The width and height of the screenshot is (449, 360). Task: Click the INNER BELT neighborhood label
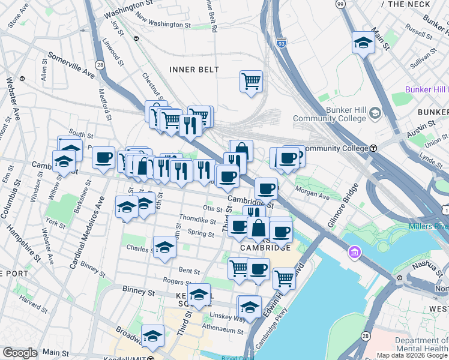(194, 70)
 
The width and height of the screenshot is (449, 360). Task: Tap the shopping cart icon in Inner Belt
(251, 80)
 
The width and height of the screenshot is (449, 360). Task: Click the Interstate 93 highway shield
(281, 43)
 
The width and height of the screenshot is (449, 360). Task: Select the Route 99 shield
(340, 4)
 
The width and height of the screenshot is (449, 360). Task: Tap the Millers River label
(429, 226)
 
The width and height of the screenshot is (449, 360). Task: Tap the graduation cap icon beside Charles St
(164, 247)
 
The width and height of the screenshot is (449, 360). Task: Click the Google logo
(20, 353)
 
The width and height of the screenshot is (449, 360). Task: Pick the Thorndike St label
(197, 220)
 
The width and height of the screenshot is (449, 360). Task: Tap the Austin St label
(424, 126)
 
